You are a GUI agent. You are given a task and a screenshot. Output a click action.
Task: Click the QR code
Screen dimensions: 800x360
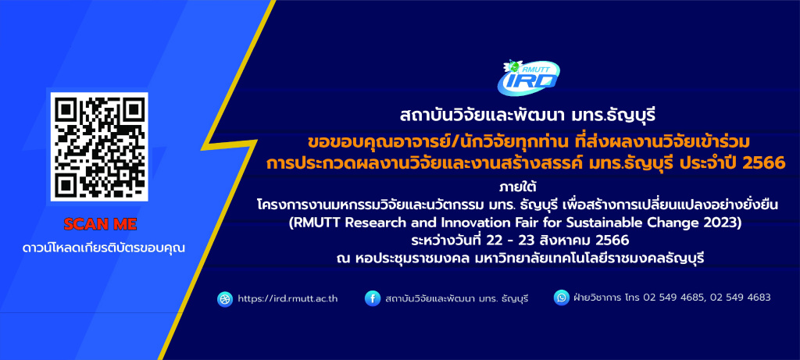click(99, 147)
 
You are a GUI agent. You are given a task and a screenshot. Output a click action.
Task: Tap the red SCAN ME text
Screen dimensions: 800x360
click(100, 224)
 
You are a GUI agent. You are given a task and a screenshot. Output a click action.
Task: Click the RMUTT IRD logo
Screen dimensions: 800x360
click(528, 77)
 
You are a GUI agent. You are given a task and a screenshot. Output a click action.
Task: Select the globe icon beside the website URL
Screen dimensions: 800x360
click(225, 299)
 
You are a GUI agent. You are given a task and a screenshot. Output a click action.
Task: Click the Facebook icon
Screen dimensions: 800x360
click(373, 298)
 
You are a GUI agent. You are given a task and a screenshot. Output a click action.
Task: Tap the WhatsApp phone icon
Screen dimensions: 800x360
click(561, 298)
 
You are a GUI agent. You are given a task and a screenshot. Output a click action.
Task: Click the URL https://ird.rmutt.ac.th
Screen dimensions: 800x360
click(287, 299)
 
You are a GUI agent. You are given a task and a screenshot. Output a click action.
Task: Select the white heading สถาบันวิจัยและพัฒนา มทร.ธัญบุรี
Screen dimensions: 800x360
click(528, 116)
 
